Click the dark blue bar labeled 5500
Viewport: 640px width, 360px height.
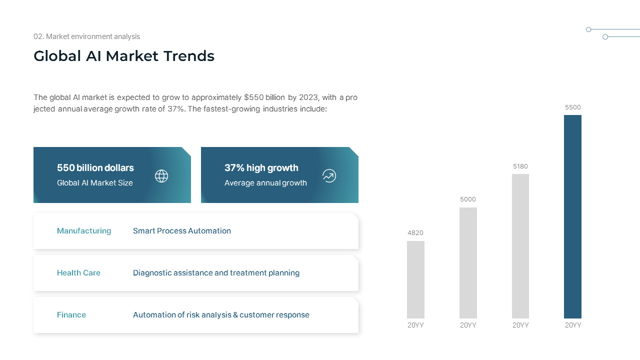pos(572,216)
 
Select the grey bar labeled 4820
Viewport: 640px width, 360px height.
pos(415,279)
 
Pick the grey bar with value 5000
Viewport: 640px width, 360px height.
pos(468,263)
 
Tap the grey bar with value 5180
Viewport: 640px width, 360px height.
pos(520,246)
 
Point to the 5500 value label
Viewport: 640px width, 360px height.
pos(573,107)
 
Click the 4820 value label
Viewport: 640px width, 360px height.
pos(415,233)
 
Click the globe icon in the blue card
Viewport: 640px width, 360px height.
pos(161,176)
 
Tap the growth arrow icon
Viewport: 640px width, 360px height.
pos(329,175)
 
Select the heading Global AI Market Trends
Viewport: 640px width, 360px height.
pos(124,56)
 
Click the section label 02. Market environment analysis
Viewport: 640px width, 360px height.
pos(87,36)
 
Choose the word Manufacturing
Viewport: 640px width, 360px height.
pos(84,231)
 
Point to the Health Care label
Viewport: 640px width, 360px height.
pos(78,273)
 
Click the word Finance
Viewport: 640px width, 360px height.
pos(71,315)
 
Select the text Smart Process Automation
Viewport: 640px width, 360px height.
pos(182,231)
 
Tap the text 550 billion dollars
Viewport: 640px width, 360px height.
pos(95,167)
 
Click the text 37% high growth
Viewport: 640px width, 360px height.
pos(261,168)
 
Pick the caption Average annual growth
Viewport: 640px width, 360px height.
pos(265,183)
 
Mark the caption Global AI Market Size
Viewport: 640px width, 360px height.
pos(95,183)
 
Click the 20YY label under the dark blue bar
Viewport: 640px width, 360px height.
pos(573,325)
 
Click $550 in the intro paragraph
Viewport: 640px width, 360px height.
pos(253,97)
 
